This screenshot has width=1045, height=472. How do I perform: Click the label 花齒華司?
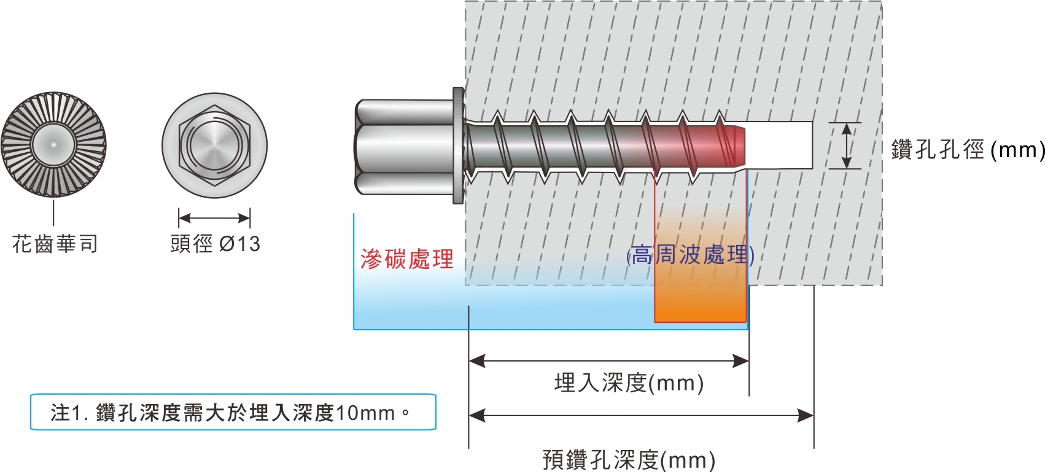(55, 244)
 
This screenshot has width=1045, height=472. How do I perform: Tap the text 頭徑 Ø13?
(215, 244)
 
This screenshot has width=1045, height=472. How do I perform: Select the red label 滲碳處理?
(406, 259)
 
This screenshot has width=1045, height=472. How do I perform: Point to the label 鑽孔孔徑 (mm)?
(968, 150)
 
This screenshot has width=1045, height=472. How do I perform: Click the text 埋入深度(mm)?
(629, 383)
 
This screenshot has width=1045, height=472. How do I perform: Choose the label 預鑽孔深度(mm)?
(629, 460)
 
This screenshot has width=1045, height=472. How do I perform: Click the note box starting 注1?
(233, 412)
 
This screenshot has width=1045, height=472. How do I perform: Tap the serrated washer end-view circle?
(53, 145)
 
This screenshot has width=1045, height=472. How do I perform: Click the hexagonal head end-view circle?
(215, 145)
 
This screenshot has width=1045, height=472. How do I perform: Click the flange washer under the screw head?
(458, 145)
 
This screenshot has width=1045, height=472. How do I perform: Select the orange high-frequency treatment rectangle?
(700, 295)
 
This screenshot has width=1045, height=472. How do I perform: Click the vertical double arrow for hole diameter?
(846, 145)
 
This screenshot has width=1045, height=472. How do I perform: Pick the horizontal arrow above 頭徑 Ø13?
(214, 218)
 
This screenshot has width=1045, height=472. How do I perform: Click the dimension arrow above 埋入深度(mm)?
(608, 361)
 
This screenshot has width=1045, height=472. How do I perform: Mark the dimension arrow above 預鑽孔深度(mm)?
(641, 416)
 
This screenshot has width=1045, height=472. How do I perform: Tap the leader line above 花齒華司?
(53, 212)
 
